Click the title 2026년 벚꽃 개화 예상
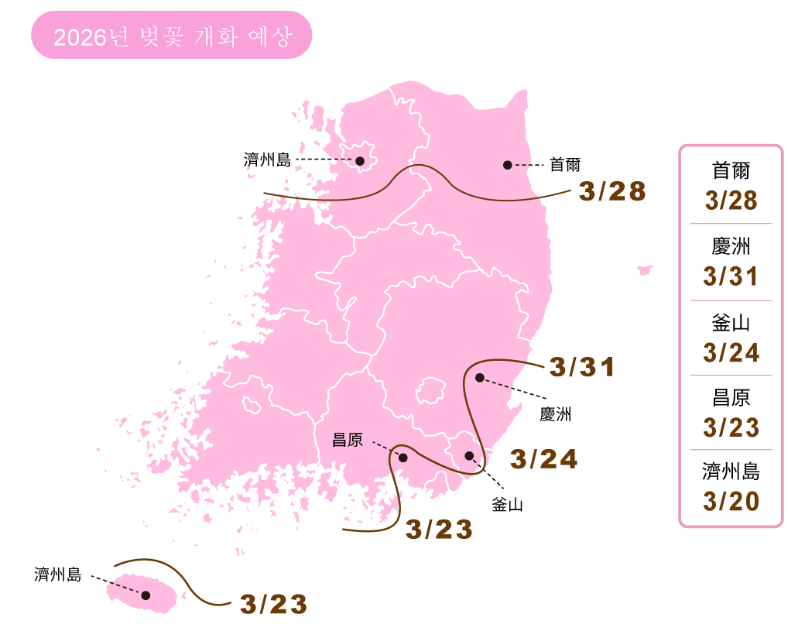click(x=172, y=36)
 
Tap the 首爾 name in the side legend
click(x=731, y=171)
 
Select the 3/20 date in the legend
click(x=731, y=501)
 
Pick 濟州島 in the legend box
click(x=731, y=472)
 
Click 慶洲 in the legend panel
click(x=731, y=247)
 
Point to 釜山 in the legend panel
click(x=731, y=323)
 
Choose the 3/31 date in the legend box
click(x=731, y=276)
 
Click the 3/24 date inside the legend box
click(x=731, y=352)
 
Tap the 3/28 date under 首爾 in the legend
click(x=731, y=201)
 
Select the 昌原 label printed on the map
click(x=347, y=441)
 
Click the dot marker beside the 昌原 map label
click(x=402, y=458)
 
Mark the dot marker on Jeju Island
click(x=146, y=595)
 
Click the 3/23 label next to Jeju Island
click(x=274, y=605)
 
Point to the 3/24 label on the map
click(x=544, y=459)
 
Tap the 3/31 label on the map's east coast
click(x=582, y=367)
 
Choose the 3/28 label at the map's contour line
click(x=612, y=191)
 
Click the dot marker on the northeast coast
click(x=507, y=165)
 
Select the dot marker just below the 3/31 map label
click(x=480, y=378)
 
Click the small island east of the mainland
click(x=645, y=269)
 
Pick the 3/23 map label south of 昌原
click(x=439, y=530)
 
